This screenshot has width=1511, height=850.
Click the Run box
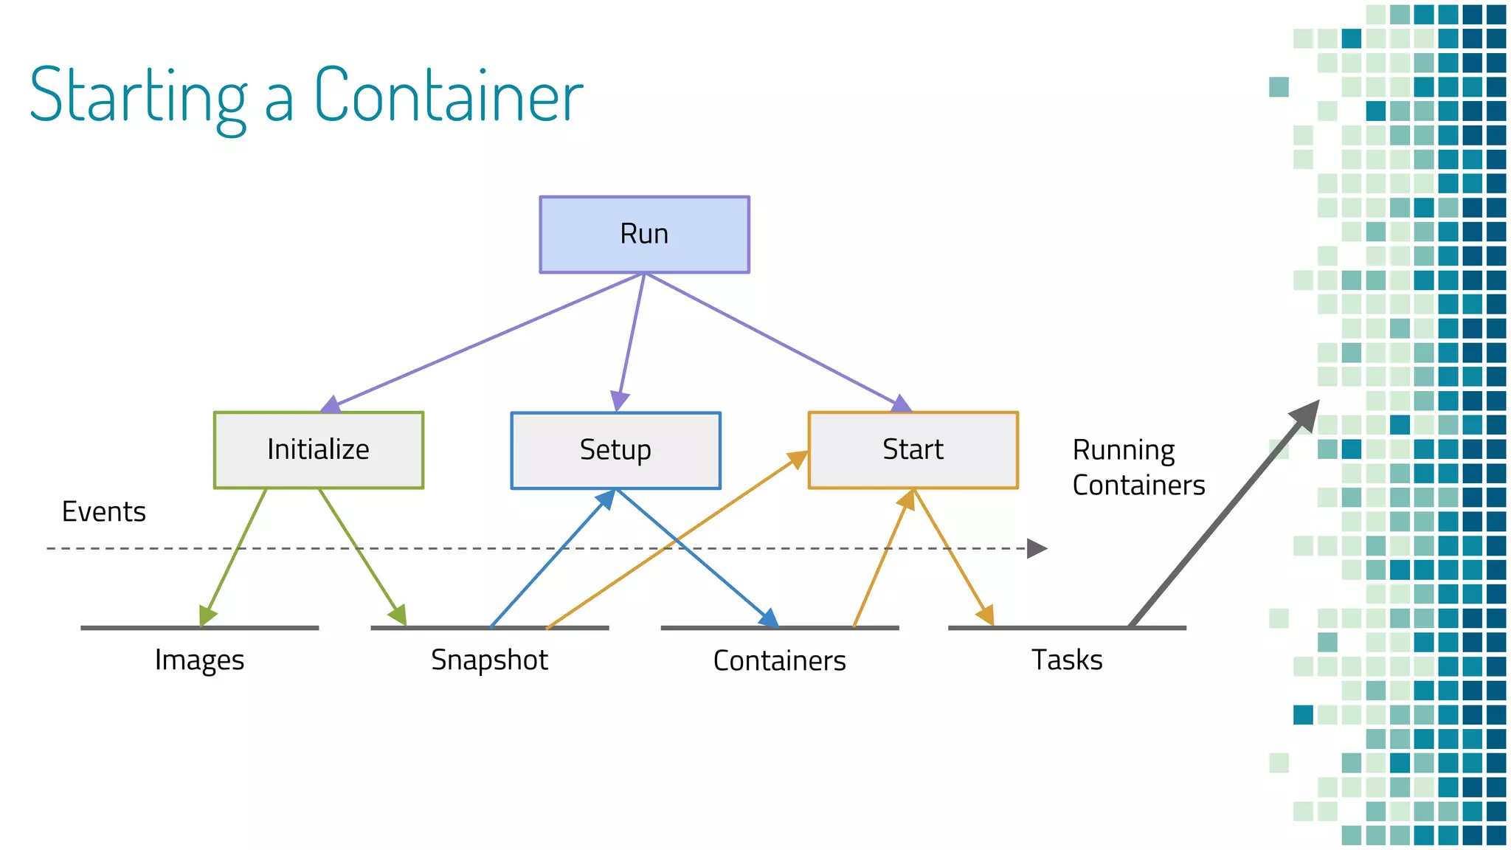coord(644,235)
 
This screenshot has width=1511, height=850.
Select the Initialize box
coord(318,450)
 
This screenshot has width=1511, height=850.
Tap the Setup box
coord(615,450)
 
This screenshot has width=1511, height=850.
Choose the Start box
coord(913,450)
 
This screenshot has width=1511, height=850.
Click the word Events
coord(103,512)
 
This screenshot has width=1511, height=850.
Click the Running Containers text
coord(1138,468)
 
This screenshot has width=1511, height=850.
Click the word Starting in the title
coord(138,96)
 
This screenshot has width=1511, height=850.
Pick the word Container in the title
coord(449,96)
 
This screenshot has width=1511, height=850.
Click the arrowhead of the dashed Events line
coord(1037,548)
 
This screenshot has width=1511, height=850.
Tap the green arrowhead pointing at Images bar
coord(207,615)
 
